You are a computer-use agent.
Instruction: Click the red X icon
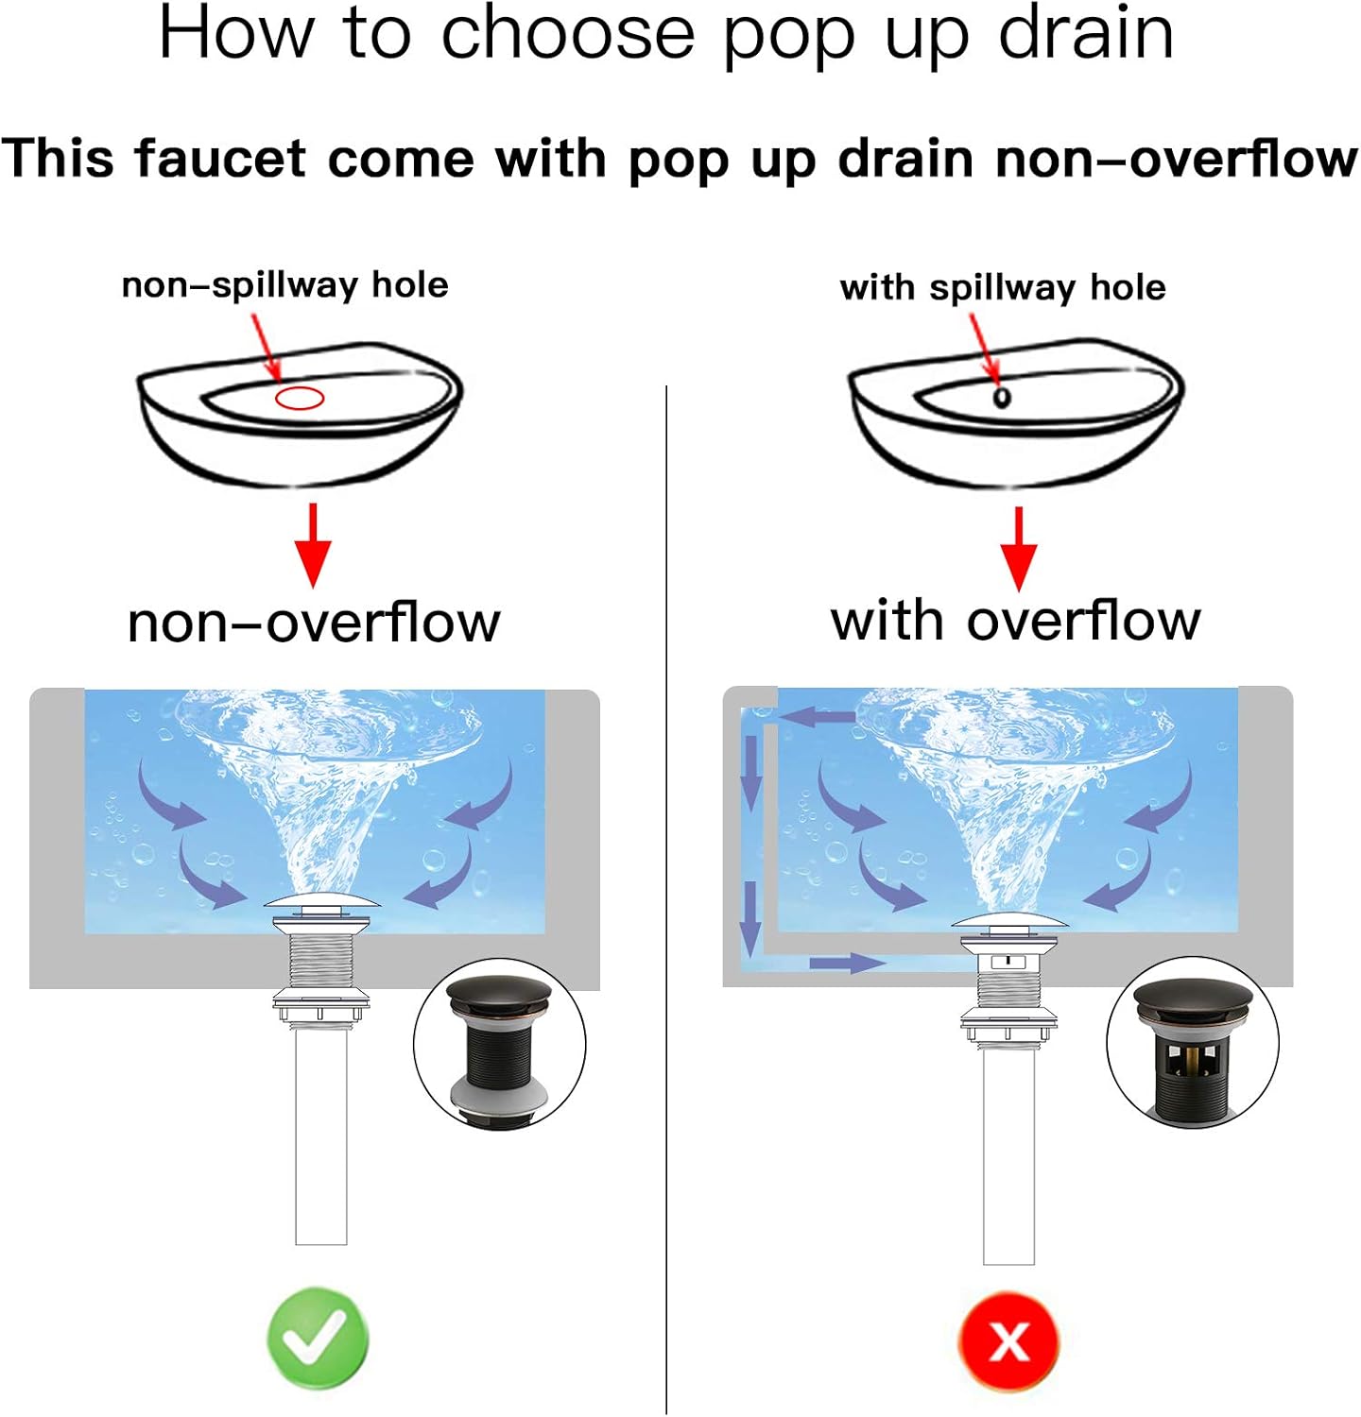[1008, 1340]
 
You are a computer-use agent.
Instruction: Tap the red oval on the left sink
[300, 398]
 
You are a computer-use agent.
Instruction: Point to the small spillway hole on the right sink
[1002, 397]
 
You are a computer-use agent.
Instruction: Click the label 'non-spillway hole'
[285, 285]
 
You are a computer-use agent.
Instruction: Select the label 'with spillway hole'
[1003, 288]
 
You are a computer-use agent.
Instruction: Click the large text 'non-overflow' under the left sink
[314, 623]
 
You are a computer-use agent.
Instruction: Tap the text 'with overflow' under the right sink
[1016, 621]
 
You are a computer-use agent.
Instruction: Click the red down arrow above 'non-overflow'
[313, 546]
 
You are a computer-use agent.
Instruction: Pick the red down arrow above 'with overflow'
[1018, 549]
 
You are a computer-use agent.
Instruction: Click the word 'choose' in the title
[568, 35]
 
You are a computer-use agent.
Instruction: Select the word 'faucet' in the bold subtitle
[221, 159]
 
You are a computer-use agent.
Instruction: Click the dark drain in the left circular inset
[499, 1050]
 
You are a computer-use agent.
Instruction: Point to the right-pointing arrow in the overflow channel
[848, 963]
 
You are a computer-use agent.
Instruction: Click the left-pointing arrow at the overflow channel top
[818, 718]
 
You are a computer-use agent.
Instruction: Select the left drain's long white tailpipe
[321, 1134]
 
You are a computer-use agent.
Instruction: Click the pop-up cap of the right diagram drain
[1009, 920]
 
